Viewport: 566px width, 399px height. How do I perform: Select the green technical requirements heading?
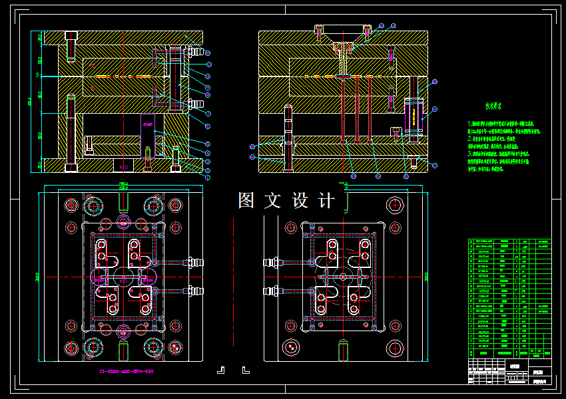coord(493,105)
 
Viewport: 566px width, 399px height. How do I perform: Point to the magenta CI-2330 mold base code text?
coord(127,371)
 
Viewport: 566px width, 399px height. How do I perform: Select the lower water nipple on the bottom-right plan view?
coord(272,291)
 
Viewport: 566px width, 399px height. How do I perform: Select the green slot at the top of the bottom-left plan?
coord(123,202)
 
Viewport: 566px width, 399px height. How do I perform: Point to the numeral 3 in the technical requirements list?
coord(470,153)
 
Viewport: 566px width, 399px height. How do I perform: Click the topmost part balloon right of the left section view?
coord(208,53)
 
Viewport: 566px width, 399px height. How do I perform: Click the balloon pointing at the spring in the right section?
coord(435,82)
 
